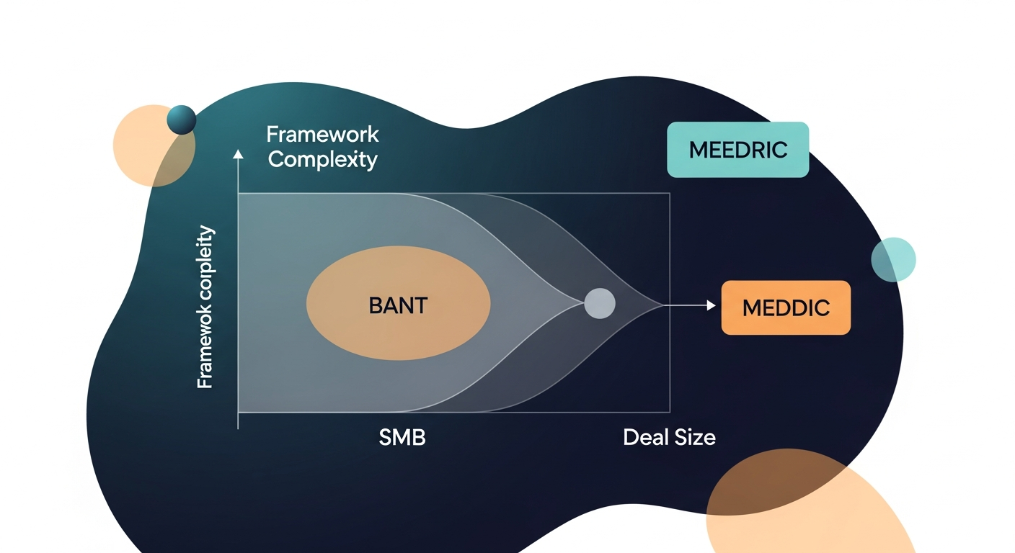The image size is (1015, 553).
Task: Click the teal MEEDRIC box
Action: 737,150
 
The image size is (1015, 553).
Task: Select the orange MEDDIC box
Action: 786,307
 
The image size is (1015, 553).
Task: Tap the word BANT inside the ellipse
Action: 398,305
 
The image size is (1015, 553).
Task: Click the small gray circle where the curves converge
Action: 599,303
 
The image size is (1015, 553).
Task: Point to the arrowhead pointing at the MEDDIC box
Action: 712,306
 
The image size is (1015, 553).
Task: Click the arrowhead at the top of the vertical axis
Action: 238,153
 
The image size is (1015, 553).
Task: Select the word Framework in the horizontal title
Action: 322,135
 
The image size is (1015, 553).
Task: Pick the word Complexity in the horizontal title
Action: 322,159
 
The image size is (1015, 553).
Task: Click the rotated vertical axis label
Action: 205,307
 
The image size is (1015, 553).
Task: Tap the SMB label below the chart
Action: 402,437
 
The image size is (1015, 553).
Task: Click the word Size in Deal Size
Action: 695,437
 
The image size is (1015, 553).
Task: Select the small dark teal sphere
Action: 182,120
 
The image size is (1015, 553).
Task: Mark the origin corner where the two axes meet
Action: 238,413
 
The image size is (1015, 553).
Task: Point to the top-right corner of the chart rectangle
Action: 670,193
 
